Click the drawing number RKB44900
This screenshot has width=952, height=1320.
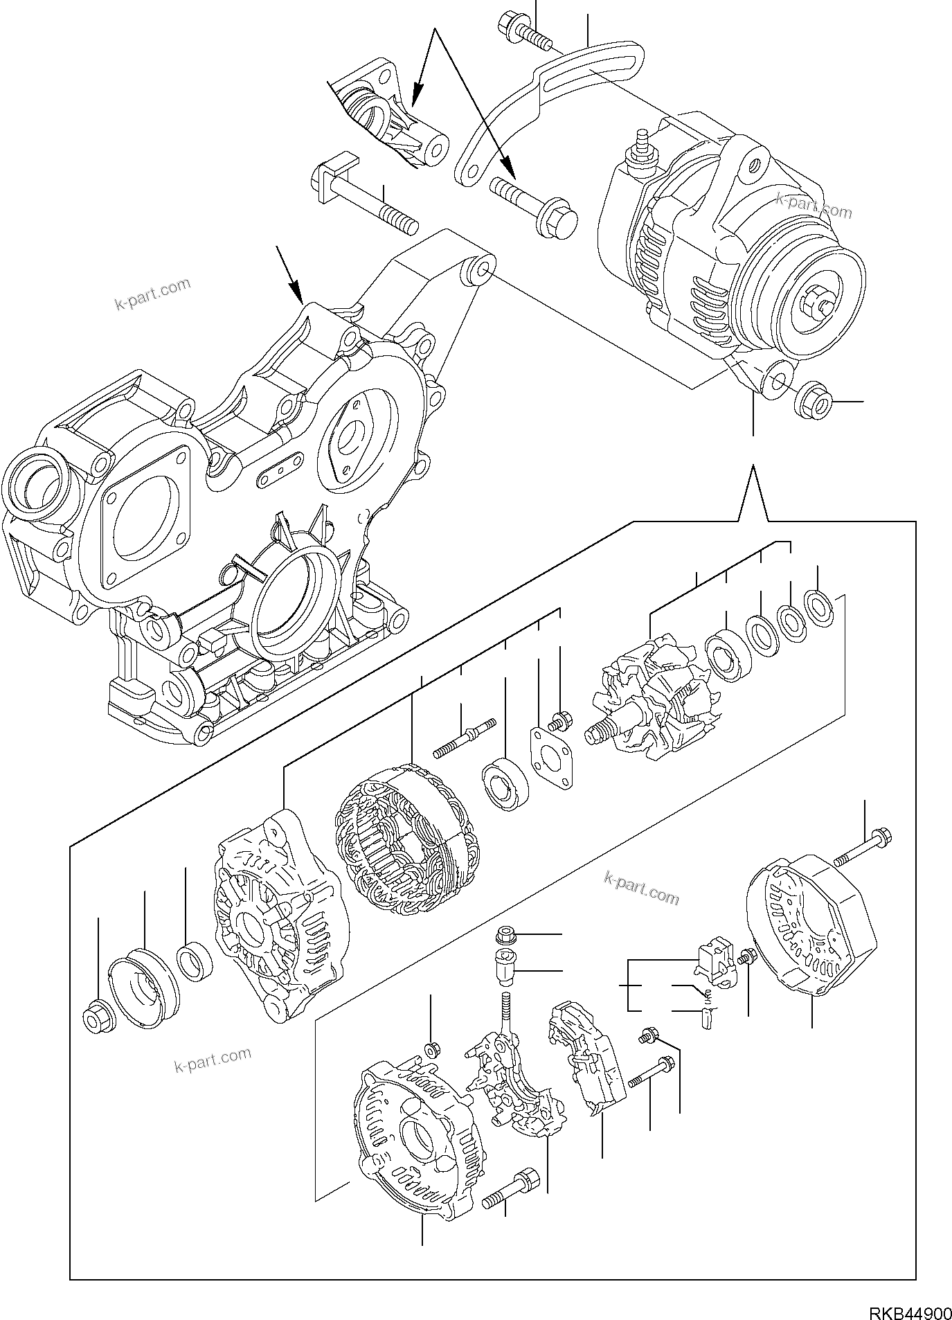coord(907,1311)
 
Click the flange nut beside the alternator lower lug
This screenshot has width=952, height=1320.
coord(813,401)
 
